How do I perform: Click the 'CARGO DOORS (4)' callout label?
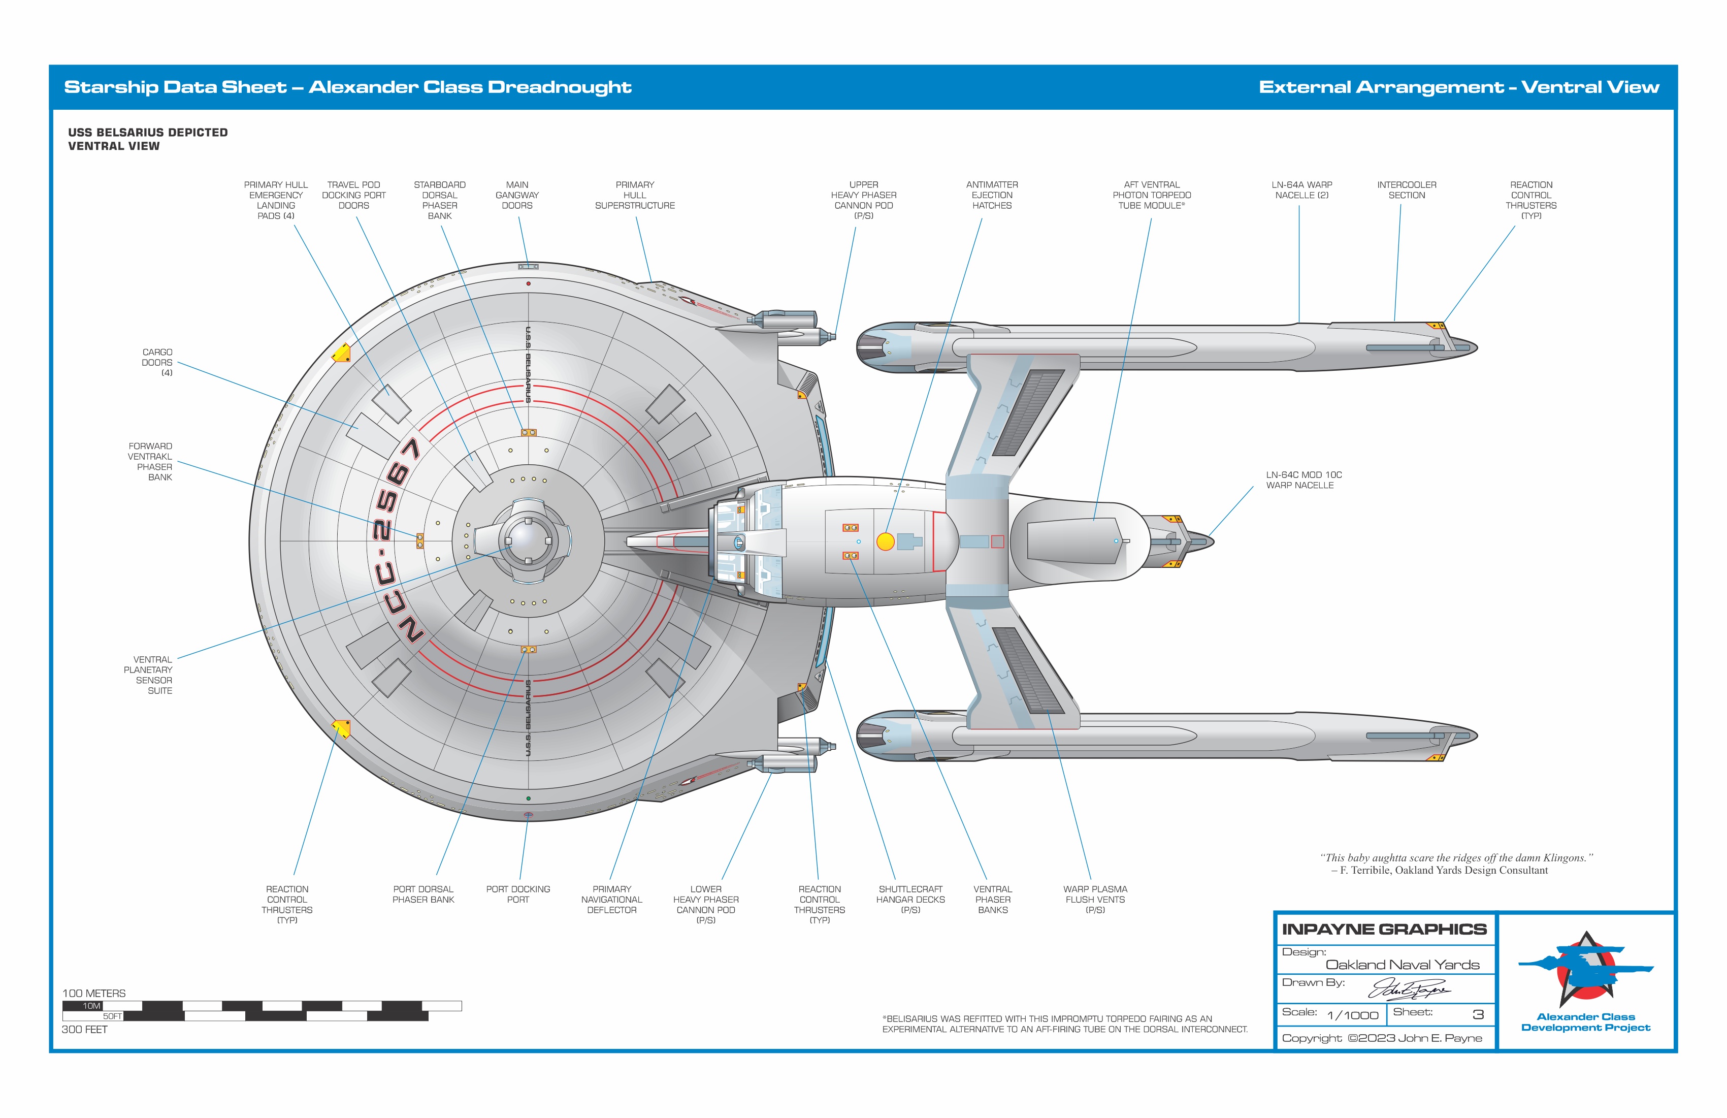coord(157,362)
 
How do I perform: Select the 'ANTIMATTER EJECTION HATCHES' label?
coord(991,195)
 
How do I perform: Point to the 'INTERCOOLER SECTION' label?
coord(1406,190)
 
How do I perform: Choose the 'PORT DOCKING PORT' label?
coord(517,895)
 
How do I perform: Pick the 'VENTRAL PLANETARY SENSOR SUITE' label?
coord(149,675)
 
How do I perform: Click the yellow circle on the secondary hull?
coord(885,541)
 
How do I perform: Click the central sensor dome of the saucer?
coord(528,541)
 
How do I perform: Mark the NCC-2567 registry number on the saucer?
coord(396,541)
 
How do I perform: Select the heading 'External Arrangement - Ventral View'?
coord(1458,87)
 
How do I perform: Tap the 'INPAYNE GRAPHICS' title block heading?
coord(1384,929)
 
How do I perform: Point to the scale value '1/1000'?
coord(1352,1015)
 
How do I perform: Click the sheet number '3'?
coord(1477,1015)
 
